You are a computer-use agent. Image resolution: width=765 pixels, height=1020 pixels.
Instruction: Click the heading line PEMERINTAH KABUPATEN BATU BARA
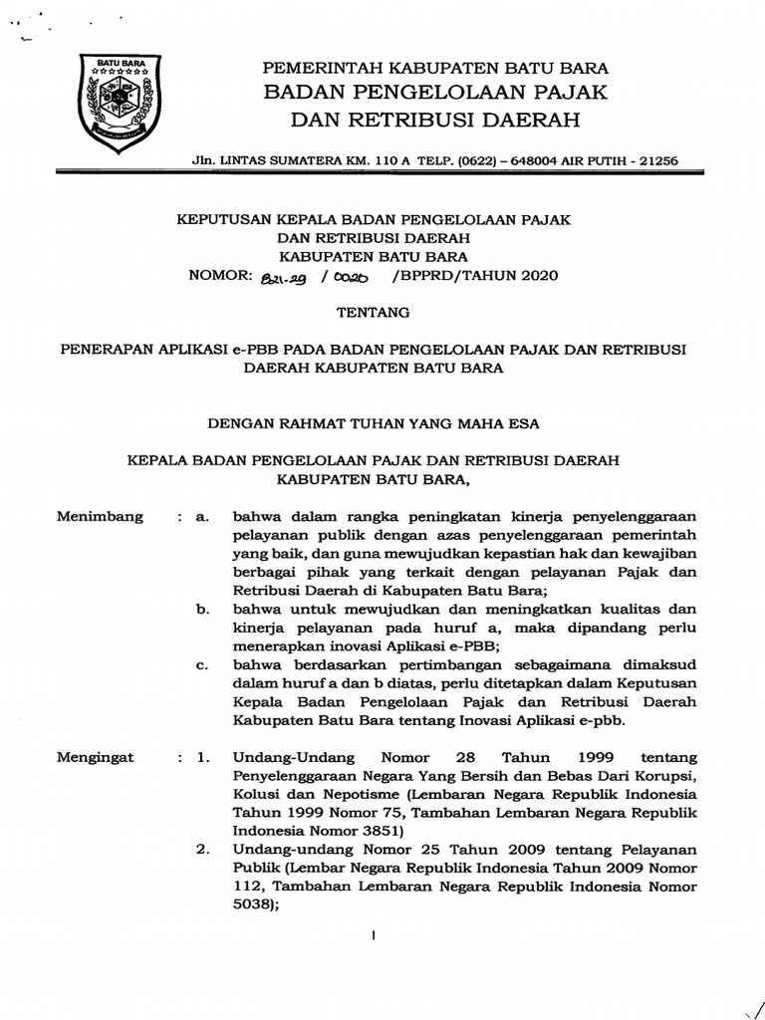coord(434,68)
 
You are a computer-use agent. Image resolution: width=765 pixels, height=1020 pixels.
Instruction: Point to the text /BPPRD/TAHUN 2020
coord(476,276)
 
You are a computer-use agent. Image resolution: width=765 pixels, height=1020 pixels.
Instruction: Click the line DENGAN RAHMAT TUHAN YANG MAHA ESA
coord(374,423)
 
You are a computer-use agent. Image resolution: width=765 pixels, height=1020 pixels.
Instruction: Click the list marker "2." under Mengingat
coord(202,850)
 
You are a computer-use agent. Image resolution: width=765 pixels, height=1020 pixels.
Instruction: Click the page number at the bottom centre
coord(373,936)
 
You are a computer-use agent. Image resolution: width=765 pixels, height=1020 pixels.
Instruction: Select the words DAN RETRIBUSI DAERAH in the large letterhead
coord(434,122)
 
